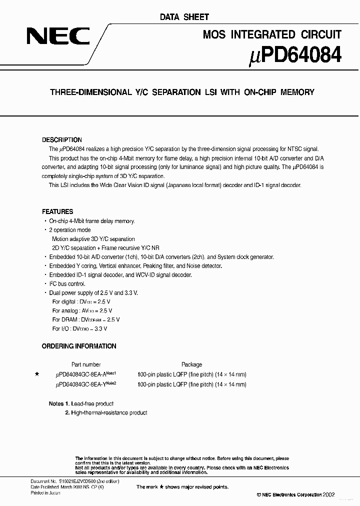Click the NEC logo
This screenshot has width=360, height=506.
pos(58,37)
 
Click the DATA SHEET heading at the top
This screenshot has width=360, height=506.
pos(184,17)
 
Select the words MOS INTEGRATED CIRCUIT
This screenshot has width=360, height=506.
pos(272,34)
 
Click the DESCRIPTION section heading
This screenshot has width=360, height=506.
pos(61,140)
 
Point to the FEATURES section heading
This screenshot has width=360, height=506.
pos(57,211)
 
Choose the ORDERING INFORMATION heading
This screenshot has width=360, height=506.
pos(79,346)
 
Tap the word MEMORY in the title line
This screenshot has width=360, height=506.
pos(297,92)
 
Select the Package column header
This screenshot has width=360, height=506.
pos(191,364)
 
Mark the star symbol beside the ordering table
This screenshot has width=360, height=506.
pos(36,374)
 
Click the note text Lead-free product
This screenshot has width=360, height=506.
pos(92,403)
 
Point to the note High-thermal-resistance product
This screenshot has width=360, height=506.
pos(109,412)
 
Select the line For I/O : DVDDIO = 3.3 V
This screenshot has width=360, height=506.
pos(79,328)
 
